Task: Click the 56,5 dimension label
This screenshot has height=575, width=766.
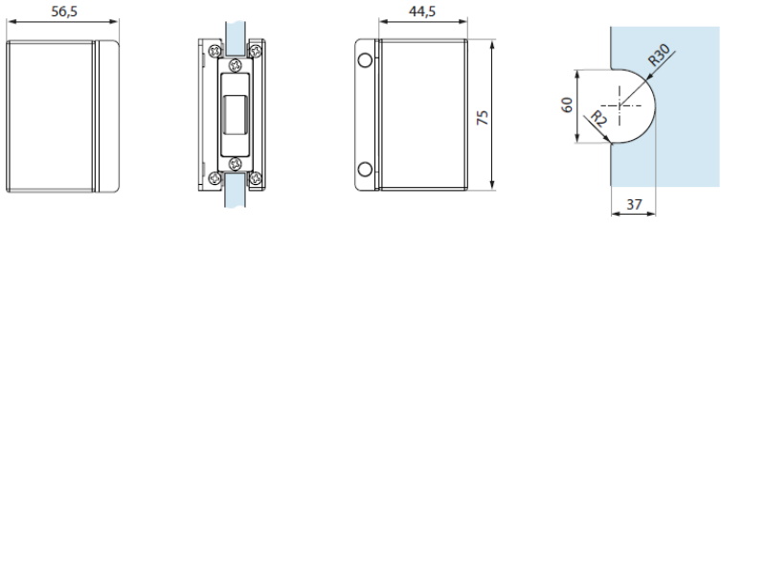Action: pos(64,11)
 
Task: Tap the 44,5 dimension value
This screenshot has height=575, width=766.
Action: pos(422,11)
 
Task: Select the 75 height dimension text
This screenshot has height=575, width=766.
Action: pos(483,117)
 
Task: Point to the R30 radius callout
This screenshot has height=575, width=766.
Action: pos(659,55)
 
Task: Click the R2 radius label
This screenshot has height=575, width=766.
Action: pos(597,119)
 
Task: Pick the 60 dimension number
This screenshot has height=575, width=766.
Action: pos(567,104)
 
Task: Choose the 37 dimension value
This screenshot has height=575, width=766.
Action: pos(634,204)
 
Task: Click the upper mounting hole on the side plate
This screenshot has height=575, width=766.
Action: pos(365,60)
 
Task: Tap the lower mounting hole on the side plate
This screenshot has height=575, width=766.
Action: pos(365,170)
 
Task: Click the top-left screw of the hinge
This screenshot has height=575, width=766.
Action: pos(214,51)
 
